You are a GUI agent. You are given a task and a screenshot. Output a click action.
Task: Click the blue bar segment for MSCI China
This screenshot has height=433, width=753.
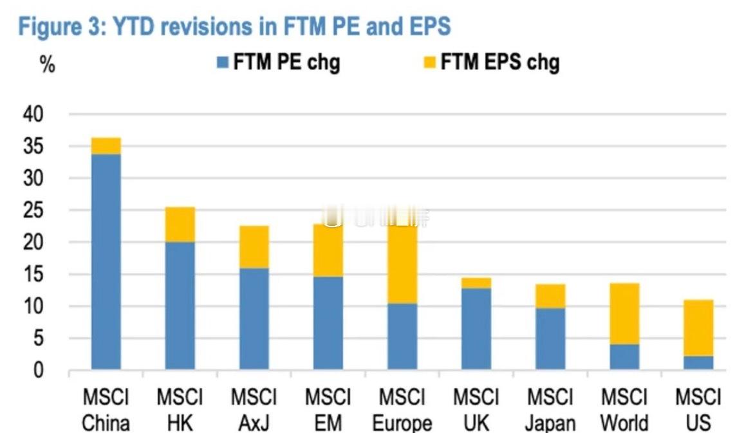(106, 261)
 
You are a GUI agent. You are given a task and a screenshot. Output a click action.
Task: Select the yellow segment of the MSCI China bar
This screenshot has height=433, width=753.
(106, 146)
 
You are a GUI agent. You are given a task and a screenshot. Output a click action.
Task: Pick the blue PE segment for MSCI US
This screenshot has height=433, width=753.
(698, 362)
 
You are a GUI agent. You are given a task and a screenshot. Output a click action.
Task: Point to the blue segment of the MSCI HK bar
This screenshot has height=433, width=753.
(180, 306)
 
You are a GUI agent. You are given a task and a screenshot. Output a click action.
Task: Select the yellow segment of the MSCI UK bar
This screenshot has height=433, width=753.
(476, 283)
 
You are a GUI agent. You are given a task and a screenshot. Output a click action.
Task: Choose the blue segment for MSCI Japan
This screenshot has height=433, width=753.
(550, 338)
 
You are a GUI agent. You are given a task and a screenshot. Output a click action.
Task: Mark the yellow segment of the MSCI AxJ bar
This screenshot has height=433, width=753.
(254, 247)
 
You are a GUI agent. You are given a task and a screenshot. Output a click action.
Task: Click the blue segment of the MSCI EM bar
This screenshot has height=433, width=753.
(328, 323)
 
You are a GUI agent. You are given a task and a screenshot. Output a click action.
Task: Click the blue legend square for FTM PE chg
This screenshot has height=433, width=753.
(223, 63)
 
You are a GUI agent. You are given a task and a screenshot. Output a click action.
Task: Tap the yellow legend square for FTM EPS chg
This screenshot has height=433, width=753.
(429, 63)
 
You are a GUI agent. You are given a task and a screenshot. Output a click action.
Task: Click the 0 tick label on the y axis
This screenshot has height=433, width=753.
(39, 371)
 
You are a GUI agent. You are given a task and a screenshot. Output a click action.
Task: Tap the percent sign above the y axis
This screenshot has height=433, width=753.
(48, 64)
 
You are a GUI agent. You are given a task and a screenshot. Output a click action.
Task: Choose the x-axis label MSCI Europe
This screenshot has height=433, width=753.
(402, 410)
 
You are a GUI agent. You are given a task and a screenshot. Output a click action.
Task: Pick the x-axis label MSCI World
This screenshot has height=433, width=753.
(624, 410)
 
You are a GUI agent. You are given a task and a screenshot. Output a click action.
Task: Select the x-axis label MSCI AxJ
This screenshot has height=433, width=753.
(254, 410)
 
